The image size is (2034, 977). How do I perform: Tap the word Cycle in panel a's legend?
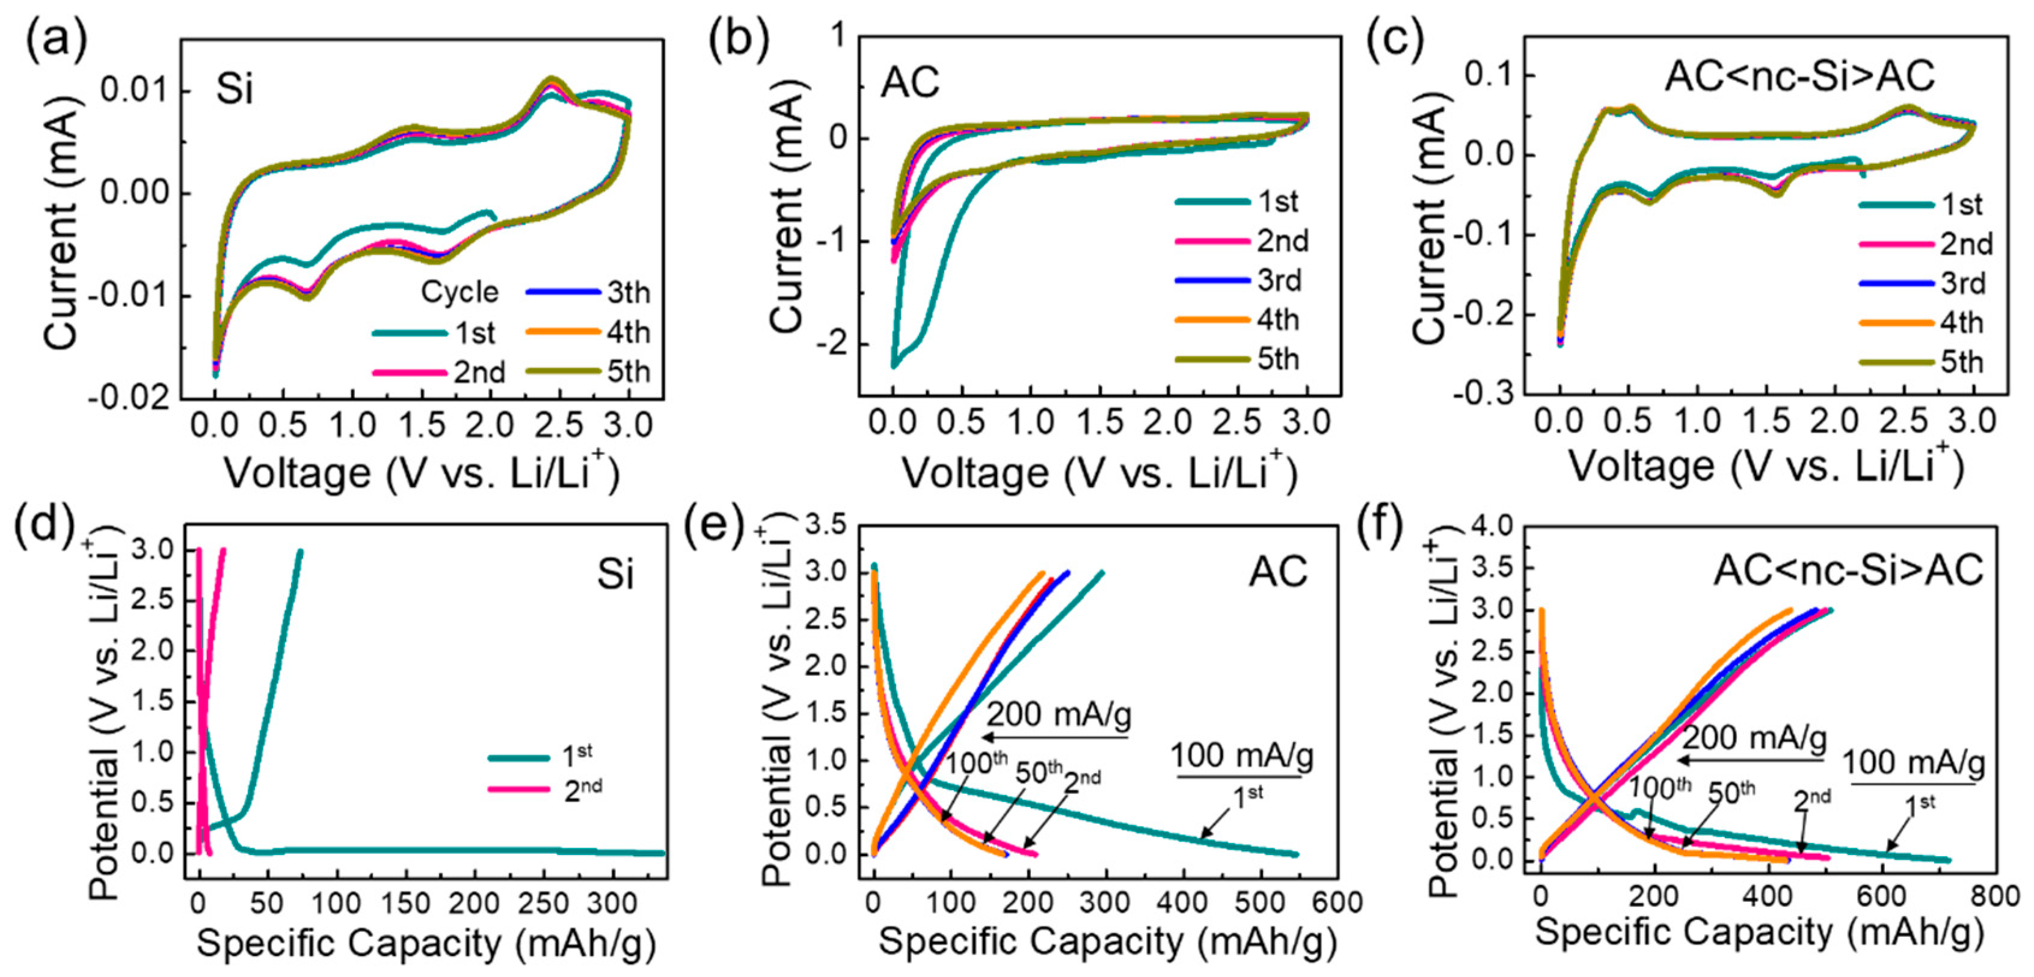(459, 293)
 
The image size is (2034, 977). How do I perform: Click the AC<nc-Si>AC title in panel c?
(1799, 76)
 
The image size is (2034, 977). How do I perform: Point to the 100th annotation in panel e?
(977, 763)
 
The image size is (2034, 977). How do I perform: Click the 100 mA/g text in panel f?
(1913, 764)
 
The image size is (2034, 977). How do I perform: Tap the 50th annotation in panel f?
(1731, 791)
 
